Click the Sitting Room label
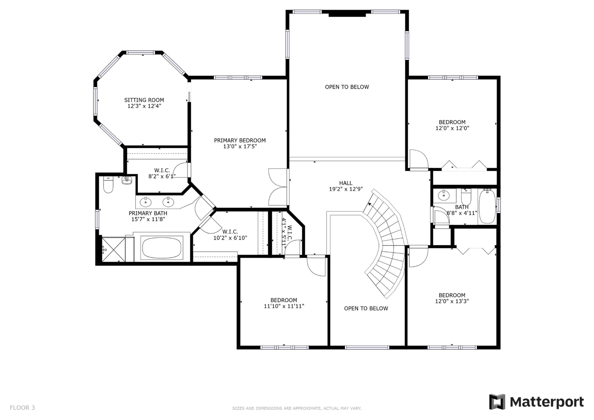[144, 100]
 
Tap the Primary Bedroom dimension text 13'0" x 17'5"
[240, 147]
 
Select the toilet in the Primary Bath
[108, 185]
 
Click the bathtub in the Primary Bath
[162, 248]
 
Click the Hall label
[345, 183]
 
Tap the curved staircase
[385, 241]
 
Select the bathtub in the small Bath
[487, 206]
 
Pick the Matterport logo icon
[497, 402]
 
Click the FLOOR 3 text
[22, 408]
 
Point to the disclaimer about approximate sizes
[297, 408]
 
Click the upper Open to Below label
[347, 87]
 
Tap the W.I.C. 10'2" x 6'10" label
[230, 235]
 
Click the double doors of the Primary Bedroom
[278, 187]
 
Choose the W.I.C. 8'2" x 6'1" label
[162, 173]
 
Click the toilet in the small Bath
[466, 196]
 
